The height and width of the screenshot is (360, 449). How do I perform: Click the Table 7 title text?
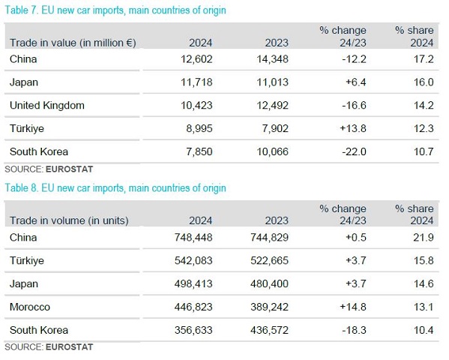(x=115, y=10)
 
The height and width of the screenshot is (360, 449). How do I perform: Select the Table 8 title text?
(x=115, y=188)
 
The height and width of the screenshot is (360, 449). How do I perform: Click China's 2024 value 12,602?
(x=196, y=59)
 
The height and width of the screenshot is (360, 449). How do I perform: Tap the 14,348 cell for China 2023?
(x=272, y=59)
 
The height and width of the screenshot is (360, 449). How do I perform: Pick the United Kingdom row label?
(x=47, y=106)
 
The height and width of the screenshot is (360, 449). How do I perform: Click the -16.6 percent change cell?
(x=354, y=106)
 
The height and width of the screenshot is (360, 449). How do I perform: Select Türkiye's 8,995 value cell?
(x=199, y=128)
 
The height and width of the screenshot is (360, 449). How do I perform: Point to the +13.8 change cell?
(x=353, y=128)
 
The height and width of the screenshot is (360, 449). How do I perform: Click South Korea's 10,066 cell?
(x=272, y=151)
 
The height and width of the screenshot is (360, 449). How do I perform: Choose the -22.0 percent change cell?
(x=354, y=151)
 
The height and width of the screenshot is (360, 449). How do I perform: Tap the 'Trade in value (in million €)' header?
(x=73, y=43)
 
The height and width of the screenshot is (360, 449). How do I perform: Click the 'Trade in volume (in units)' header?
(x=69, y=220)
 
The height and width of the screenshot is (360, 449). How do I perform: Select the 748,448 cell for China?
(x=193, y=238)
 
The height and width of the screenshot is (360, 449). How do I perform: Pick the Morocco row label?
(x=30, y=307)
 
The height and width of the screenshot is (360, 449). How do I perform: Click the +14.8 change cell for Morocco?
(x=353, y=307)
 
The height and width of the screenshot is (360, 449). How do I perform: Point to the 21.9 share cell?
(x=424, y=238)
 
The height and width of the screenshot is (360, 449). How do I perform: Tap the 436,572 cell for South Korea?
(x=269, y=330)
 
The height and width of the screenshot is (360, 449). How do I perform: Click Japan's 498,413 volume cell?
(x=193, y=283)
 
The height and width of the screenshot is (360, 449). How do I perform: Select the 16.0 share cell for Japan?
(x=424, y=82)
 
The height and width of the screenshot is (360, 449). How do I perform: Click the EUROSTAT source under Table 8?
(x=69, y=347)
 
